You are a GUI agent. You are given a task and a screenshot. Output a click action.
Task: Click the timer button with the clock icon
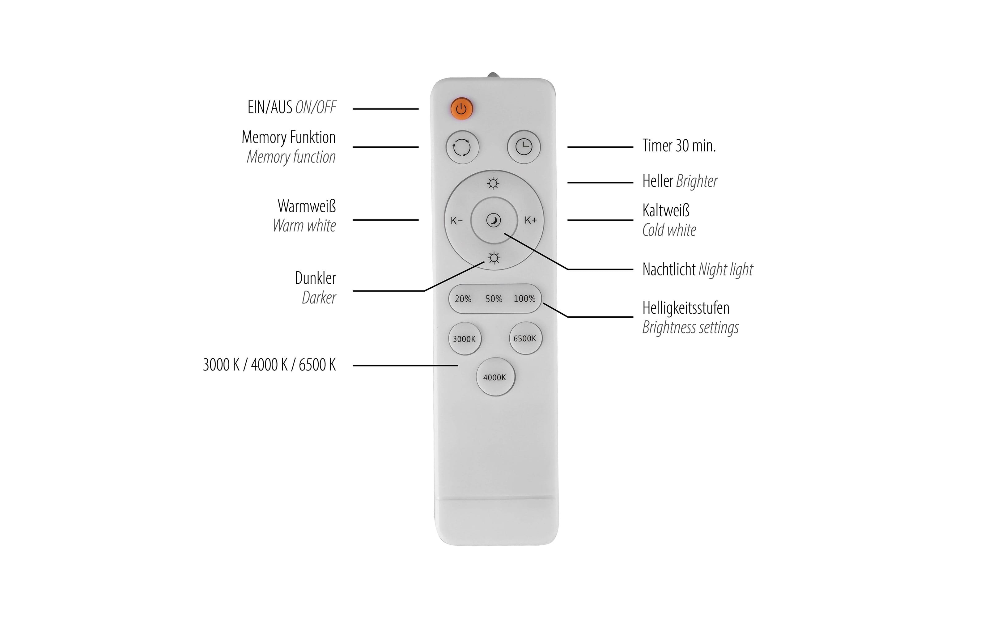coord(524,147)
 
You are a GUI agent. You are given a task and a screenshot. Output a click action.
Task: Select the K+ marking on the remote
coord(530,220)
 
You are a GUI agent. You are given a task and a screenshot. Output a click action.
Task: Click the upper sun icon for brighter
coord(493,184)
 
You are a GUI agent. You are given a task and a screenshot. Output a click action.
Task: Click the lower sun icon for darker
coord(494,258)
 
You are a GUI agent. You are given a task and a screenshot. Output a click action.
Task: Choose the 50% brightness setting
coord(494,299)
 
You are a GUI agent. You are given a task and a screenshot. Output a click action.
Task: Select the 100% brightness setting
coord(524,299)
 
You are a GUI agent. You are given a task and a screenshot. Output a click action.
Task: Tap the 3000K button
coord(464,339)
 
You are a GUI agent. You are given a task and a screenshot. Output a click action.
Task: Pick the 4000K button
coord(495,377)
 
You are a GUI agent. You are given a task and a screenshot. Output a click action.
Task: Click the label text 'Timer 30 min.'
coord(679,146)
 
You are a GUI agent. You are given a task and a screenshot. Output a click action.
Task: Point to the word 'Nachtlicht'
coord(669,270)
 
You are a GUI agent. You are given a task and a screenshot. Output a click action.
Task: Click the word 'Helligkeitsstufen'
coord(686,308)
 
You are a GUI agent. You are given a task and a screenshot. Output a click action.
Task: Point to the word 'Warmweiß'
coord(307,206)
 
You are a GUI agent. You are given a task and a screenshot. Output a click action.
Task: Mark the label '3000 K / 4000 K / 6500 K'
coord(269,365)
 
